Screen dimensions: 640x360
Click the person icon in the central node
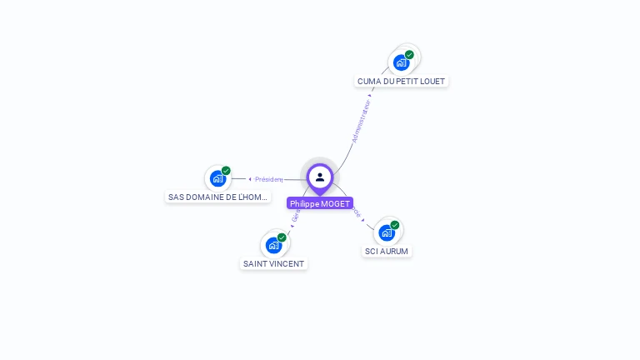tap(320, 177)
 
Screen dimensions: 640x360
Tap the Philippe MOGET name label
tap(320, 203)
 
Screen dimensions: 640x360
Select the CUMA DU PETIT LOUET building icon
tap(402, 62)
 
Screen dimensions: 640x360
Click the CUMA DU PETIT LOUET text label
tap(401, 82)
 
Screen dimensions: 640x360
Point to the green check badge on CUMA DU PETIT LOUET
tap(409, 55)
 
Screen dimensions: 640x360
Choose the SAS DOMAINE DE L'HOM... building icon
tap(217, 178)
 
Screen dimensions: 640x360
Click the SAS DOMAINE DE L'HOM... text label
tap(218, 197)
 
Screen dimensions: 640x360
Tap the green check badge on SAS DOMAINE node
tap(226, 171)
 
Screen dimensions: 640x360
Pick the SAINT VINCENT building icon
tap(273, 245)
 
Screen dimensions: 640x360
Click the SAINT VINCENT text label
tap(273, 264)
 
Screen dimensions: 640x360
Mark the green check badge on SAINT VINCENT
tap(282, 237)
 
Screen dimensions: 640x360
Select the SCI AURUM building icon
tap(387, 232)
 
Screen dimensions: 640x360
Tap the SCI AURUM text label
tap(387, 251)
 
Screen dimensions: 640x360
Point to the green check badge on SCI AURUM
tap(395, 225)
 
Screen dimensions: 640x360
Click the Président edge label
tap(269, 179)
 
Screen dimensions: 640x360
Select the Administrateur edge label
tap(361, 122)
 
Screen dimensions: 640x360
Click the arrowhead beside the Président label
tap(250, 179)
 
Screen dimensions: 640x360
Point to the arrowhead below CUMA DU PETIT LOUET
tap(371, 95)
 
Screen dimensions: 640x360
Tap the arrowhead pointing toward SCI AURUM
tap(363, 220)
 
